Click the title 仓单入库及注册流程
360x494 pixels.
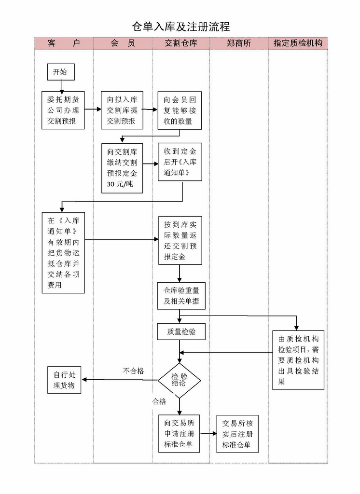point(181,26)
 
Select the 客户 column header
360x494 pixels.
point(64,43)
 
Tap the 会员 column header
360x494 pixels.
point(123,43)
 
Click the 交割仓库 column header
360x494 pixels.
point(181,43)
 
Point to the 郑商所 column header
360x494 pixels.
point(239,43)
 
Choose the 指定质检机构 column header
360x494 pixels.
point(298,43)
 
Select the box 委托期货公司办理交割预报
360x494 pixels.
point(63,110)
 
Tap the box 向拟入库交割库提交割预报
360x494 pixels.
point(122,110)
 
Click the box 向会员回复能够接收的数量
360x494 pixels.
point(180,110)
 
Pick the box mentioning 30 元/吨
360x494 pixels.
point(122,167)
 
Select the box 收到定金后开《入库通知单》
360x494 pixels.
point(180,162)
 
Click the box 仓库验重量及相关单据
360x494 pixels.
point(181,296)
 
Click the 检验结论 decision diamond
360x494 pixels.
point(179,380)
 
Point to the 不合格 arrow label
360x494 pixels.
point(133,371)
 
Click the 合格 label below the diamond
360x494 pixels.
point(159,401)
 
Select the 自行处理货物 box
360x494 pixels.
point(64,380)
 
